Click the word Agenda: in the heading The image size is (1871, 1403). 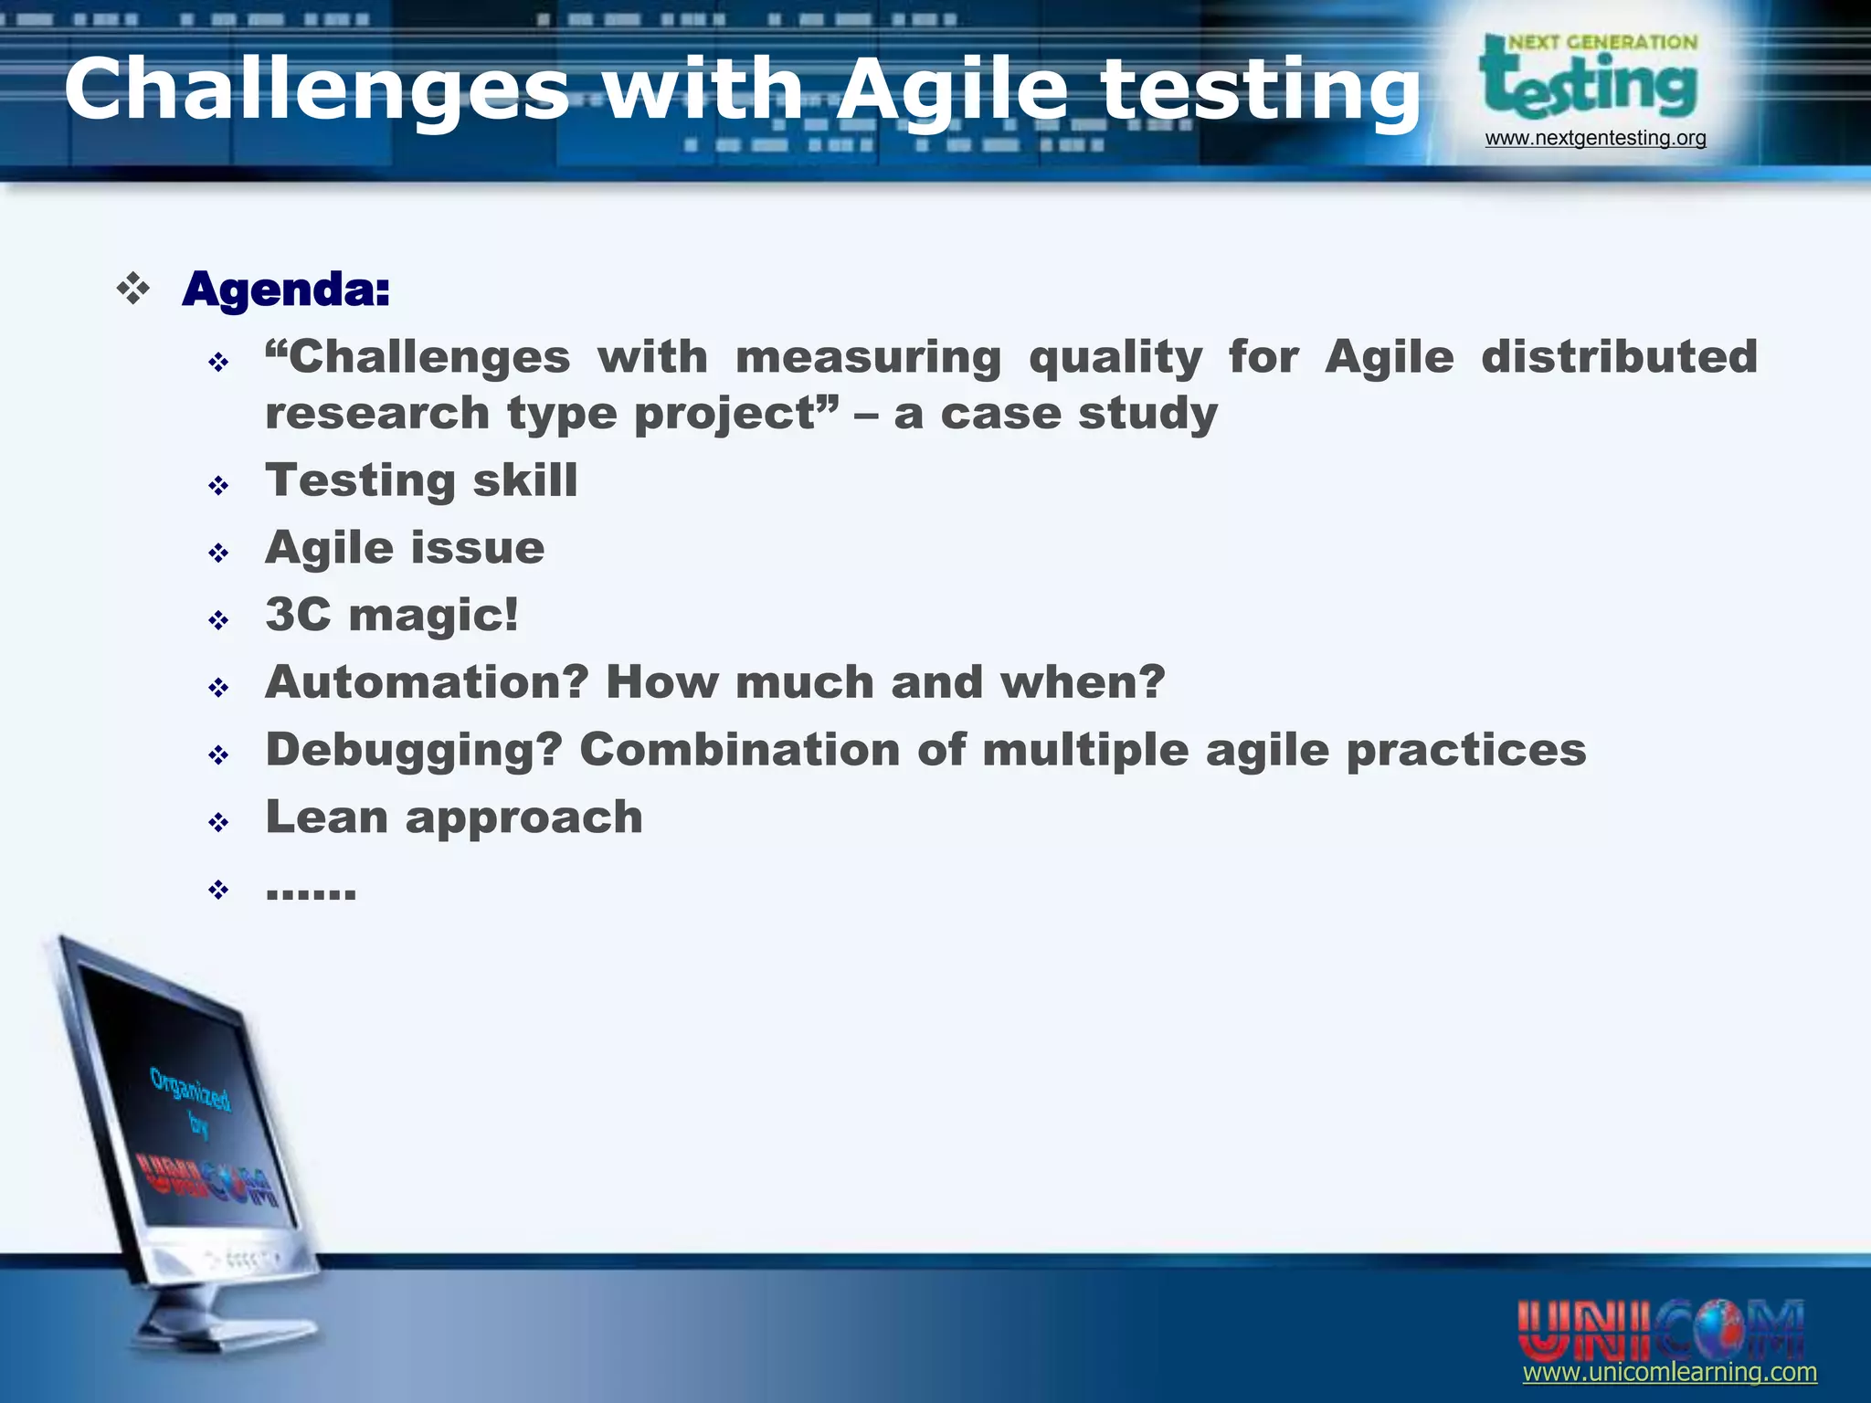click(x=286, y=290)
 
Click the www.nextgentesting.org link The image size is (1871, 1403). click(x=1595, y=138)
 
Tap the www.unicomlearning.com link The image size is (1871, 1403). click(x=1669, y=1372)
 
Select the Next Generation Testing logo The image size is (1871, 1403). click(x=1590, y=79)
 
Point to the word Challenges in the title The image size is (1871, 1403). click(x=316, y=90)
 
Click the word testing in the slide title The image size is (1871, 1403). click(x=1261, y=90)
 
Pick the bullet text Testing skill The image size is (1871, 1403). click(x=421, y=480)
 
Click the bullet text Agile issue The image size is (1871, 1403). click(x=405, y=548)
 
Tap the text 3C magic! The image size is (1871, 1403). click(x=392, y=615)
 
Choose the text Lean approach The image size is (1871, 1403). click(x=454, y=817)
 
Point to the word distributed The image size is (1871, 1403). click(x=1619, y=356)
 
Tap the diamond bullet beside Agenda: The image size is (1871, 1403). click(x=133, y=289)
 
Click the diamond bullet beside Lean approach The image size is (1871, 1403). click(x=217, y=822)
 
